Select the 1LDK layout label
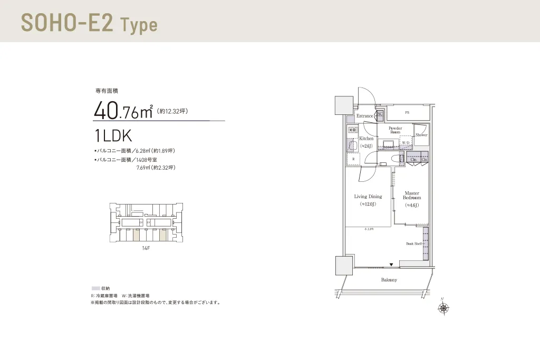(x=113, y=135)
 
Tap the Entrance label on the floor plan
(x=364, y=116)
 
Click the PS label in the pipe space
(x=407, y=113)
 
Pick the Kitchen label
(x=367, y=139)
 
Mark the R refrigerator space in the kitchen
(x=353, y=159)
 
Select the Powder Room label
(x=396, y=130)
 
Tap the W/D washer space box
(x=406, y=143)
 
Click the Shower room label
(x=421, y=135)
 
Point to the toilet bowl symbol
(x=396, y=158)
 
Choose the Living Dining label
(x=368, y=197)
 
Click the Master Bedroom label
(x=412, y=195)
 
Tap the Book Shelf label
(x=414, y=244)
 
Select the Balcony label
(x=389, y=280)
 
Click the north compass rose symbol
(x=443, y=309)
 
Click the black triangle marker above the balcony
(x=391, y=264)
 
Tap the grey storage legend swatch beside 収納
(x=95, y=288)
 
